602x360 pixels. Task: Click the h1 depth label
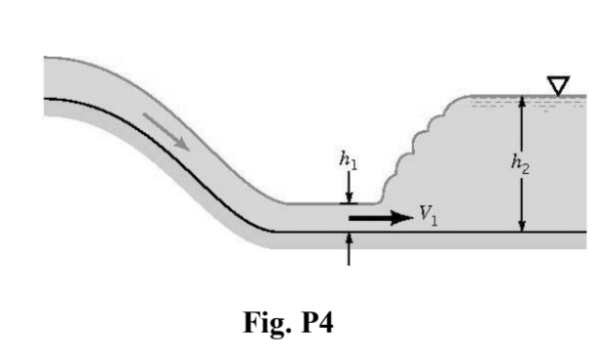tap(347, 162)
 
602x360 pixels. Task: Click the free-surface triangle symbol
tap(558, 87)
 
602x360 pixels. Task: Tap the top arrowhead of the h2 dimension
tap(522, 102)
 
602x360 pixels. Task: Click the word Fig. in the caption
tap(261, 324)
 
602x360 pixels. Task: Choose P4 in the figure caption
tap(314, 324)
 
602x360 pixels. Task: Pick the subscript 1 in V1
tap(434, 221)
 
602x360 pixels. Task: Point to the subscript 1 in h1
tap(353, 166)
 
